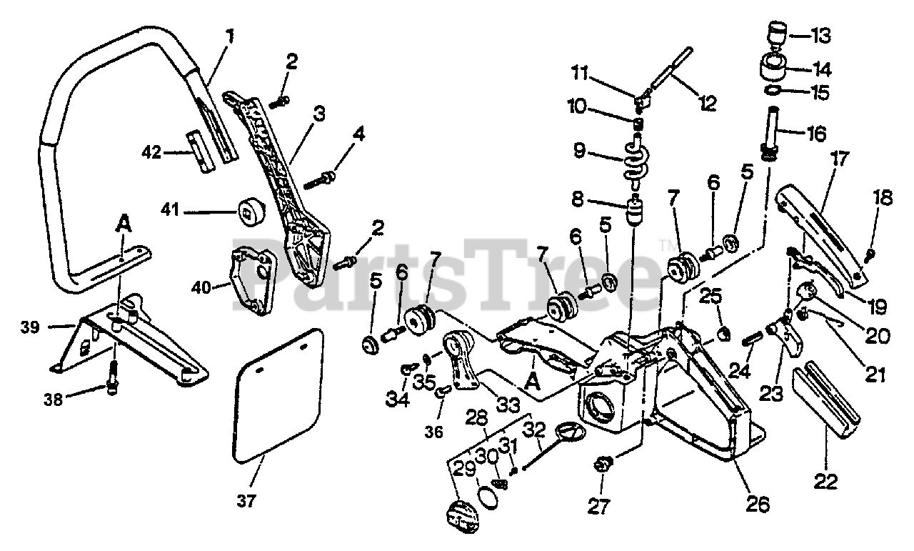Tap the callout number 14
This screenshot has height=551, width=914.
coord(822,69)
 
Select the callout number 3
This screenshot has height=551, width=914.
coord(319,113)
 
